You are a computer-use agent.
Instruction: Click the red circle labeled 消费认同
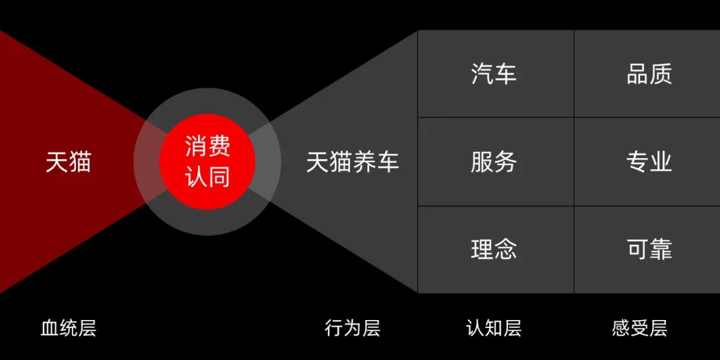click(207, 161)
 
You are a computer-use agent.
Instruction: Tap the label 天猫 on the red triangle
click(68, 162)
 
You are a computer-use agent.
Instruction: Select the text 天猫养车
click(353, 162)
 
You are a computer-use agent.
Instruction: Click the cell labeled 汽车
click(494, 74)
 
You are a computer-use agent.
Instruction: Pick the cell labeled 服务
click(494, 162)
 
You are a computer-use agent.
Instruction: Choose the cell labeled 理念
click(494, 249)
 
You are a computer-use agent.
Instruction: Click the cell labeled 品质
click(649, 74)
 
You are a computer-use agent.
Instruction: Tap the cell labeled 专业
click(649, 162)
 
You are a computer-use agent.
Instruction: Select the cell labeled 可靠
click(649, 249)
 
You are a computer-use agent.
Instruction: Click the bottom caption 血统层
click(69, 328)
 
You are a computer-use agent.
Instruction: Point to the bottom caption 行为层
click(353, 328)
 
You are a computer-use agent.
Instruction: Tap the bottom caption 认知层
click(494, 328)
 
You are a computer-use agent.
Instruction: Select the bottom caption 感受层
click(639, 328)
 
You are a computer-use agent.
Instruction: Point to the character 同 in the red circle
click(219, 176)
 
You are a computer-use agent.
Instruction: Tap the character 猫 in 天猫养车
click(341, 162)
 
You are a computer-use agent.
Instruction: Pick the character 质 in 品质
click(661, 74)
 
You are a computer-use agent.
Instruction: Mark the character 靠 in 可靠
click(661, 249)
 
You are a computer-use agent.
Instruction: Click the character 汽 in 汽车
click(482, 74)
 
